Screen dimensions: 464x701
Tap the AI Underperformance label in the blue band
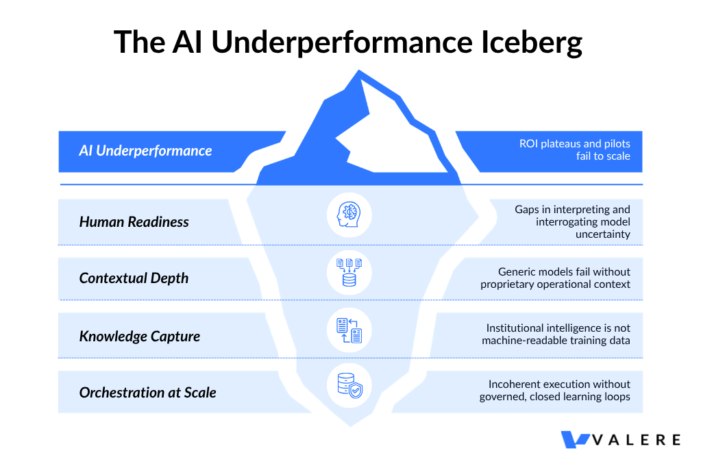[x=145, y=151]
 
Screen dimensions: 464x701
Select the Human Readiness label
[x=134, y=222]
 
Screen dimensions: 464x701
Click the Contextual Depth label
[x=134, y=278]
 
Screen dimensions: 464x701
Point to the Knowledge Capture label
[x=140, y=337]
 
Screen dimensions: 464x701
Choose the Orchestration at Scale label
[x=148, y=393]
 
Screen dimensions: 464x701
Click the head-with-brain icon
[x=349, y=215]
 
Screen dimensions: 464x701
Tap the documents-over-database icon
[x=349, y=272]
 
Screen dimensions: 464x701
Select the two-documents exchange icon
[x=349, y=330]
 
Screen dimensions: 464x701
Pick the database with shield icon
[x=349, y=386]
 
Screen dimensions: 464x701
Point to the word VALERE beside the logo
[x=636, y=440]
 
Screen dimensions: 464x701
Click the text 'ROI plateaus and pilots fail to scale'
[x=574, y=150]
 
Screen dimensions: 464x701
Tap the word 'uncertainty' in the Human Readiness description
[x=603, y=234]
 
